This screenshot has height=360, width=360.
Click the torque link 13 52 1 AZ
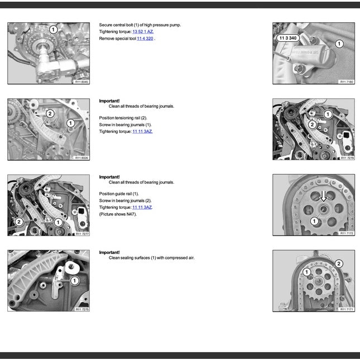click(142, 32)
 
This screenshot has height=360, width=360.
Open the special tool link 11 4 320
click(145, 39)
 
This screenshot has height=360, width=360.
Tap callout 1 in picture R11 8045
click(53, 30)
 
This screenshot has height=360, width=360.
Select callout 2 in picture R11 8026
click(49, 113)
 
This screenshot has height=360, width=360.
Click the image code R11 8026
click(81, 158)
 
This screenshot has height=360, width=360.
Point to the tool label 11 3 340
click(287, 38)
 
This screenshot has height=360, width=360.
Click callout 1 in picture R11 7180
click(339, 43)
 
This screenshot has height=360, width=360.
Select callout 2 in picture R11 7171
click(339, 263)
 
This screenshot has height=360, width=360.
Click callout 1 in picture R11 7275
click(74, 281)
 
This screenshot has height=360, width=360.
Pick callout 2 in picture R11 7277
click(19, 222)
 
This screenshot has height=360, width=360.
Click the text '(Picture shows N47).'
click(118, 214)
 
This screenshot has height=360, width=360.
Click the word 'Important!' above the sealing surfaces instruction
click(109, 252)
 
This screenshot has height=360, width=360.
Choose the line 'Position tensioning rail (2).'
click(123, 118)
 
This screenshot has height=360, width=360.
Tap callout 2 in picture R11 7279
click(312, 124)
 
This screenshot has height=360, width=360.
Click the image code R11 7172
click(347, 233)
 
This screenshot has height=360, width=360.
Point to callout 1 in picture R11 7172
click(314, 222)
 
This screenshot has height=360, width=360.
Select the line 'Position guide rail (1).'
click(119, 194)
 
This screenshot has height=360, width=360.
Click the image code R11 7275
click(81, 309)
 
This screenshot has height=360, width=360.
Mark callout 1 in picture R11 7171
click(306, 272)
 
